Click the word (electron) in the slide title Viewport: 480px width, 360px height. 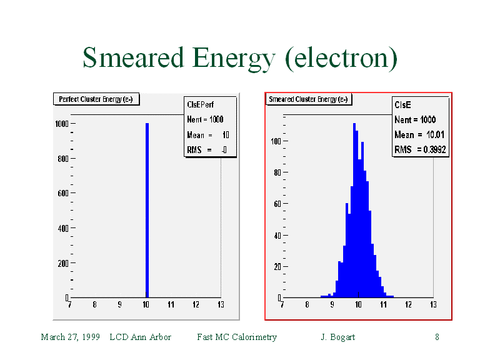[341, 58]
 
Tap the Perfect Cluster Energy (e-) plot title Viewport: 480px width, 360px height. [95, 99]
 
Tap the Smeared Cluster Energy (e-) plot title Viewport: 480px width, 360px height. [308, 99]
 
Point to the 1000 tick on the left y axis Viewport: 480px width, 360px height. [61, 124]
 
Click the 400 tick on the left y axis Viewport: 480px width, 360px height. [62, 228]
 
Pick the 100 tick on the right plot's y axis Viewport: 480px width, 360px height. [274, 141]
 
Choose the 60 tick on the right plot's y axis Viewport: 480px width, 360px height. [276, 204]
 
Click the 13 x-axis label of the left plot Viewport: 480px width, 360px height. [221, 305]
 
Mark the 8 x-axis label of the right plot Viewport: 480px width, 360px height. [307, 305]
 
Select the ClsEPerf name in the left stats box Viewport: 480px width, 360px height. [200, 105]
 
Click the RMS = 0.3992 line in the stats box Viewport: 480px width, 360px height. [420, 149]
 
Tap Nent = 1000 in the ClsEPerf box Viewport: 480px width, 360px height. [205, 119]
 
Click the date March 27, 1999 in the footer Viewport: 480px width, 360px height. [71, 337]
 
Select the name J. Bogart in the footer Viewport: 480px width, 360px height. [337, 337]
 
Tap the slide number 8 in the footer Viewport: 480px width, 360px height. [437, 337]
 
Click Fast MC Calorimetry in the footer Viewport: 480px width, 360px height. [237, 337]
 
